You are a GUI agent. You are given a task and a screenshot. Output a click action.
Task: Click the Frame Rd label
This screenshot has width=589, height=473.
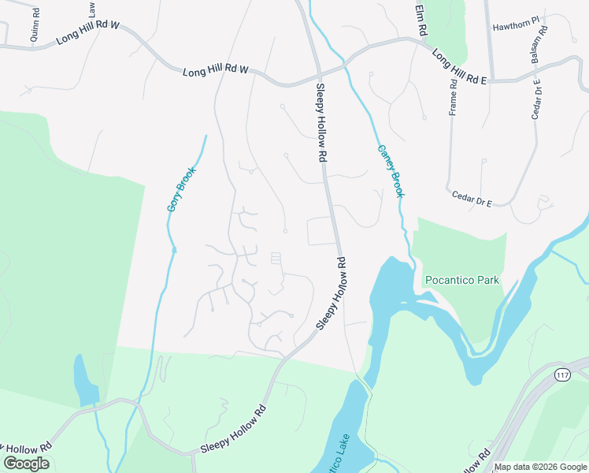[x=454, y=96]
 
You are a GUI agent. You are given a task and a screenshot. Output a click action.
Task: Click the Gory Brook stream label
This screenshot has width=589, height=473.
[x=180, y=188]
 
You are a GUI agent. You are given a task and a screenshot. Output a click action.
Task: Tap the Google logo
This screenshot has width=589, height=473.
[x=26, y=464]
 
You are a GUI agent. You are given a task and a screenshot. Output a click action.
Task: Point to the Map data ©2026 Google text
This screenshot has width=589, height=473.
[x=540, y=467]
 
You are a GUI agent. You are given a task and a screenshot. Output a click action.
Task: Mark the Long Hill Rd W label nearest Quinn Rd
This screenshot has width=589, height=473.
[x=86, y=32]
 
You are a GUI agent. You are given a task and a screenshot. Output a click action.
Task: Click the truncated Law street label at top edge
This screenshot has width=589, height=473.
[x=92, y=9]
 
